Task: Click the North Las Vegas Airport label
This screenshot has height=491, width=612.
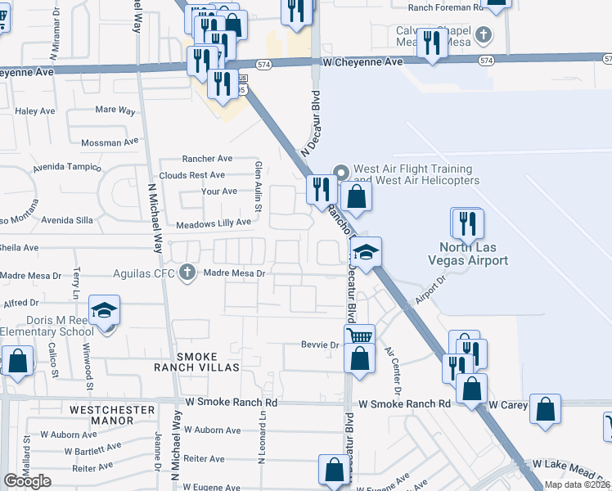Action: pyautogui.click(x=474, y=254)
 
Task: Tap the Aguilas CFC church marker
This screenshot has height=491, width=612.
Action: pyautogui.click(x=187, y=273)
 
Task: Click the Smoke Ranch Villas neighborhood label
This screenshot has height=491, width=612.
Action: pyautogui.click(x=197, y=362)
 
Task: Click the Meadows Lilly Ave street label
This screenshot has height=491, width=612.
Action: pyautogui.click(x=213, y=223)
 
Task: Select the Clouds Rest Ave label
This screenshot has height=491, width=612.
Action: pyautogui.click(x=192, y=175)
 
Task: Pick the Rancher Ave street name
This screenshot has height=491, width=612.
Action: pyautogui.click(x=208, y=159)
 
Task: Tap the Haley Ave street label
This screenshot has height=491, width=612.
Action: pyautogui.click(x=34, y=110)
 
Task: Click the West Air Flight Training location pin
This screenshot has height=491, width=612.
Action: pyautogui.click(x=341, y=172)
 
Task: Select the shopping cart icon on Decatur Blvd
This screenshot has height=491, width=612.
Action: pyautogui.click(x=361, y=336)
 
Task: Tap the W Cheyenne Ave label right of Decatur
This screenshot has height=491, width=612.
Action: pyautogui.click(x=363, y=61)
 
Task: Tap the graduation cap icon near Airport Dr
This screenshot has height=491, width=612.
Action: pyautogui.click(x=366, y=252)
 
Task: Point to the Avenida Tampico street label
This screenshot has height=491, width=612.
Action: pyautogui.click(x=67, y=168)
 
